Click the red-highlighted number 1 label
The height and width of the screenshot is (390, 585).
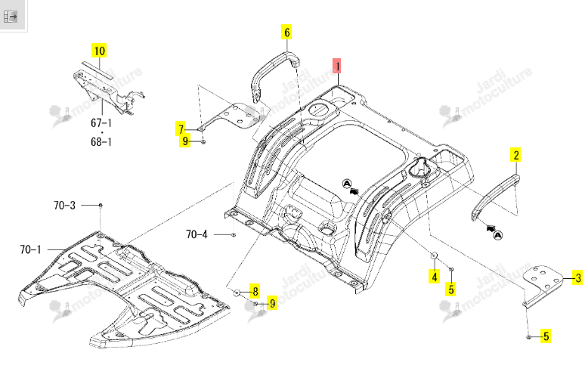[x=337, y=66]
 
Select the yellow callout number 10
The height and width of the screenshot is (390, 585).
[x=99, y=51]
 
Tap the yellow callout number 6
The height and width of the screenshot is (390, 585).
[x=286, y=32]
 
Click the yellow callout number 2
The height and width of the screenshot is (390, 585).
[x=516, y=155]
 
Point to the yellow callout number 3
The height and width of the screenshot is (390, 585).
[x=577, y=277]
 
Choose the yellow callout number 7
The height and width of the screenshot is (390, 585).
[x=181, y=129]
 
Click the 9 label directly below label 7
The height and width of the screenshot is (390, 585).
[x=185, y=141]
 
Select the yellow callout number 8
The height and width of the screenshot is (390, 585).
[x=255, y=291]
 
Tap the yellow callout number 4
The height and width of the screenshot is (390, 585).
[x=434, y=277]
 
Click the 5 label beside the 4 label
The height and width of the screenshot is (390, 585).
[x=451, y=289]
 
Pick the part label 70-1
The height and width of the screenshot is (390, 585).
[x=31, y=249]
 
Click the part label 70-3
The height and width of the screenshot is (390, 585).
[x=64, y=206]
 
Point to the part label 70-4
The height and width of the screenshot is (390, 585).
[x=197, y=234]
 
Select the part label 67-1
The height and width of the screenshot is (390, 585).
[x=101, y=122]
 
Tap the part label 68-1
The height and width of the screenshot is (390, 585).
[x=101, y=142]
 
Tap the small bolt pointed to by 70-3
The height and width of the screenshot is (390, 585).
[x=101, y=206]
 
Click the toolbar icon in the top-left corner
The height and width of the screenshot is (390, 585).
[x=11, y=17]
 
